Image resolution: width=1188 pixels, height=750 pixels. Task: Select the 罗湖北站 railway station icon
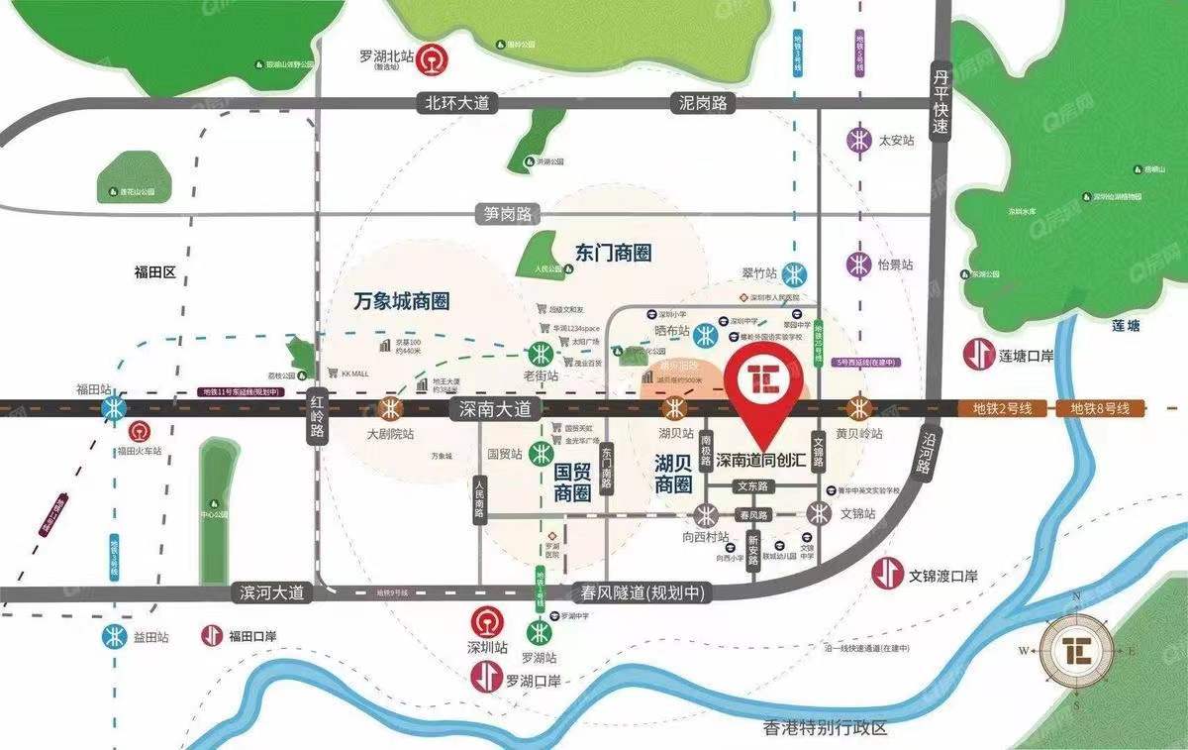pyautogui.click(x=430, y=59)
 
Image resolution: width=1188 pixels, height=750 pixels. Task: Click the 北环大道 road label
pyautogui.click(x=457, y=102)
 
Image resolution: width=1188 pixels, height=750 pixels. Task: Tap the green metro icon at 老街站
pyautogui.click(x=541, y=354)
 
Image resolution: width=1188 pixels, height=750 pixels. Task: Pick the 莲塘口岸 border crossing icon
pyautogui.click(x=980, y=354)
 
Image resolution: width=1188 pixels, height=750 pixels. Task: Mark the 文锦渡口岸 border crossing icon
pyautogui.click(x=888, y=573)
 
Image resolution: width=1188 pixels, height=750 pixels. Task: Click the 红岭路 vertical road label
pyautogui.click(x=318, y=422)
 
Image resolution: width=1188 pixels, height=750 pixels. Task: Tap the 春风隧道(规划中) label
pyautogui.click(x=640, y=592)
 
